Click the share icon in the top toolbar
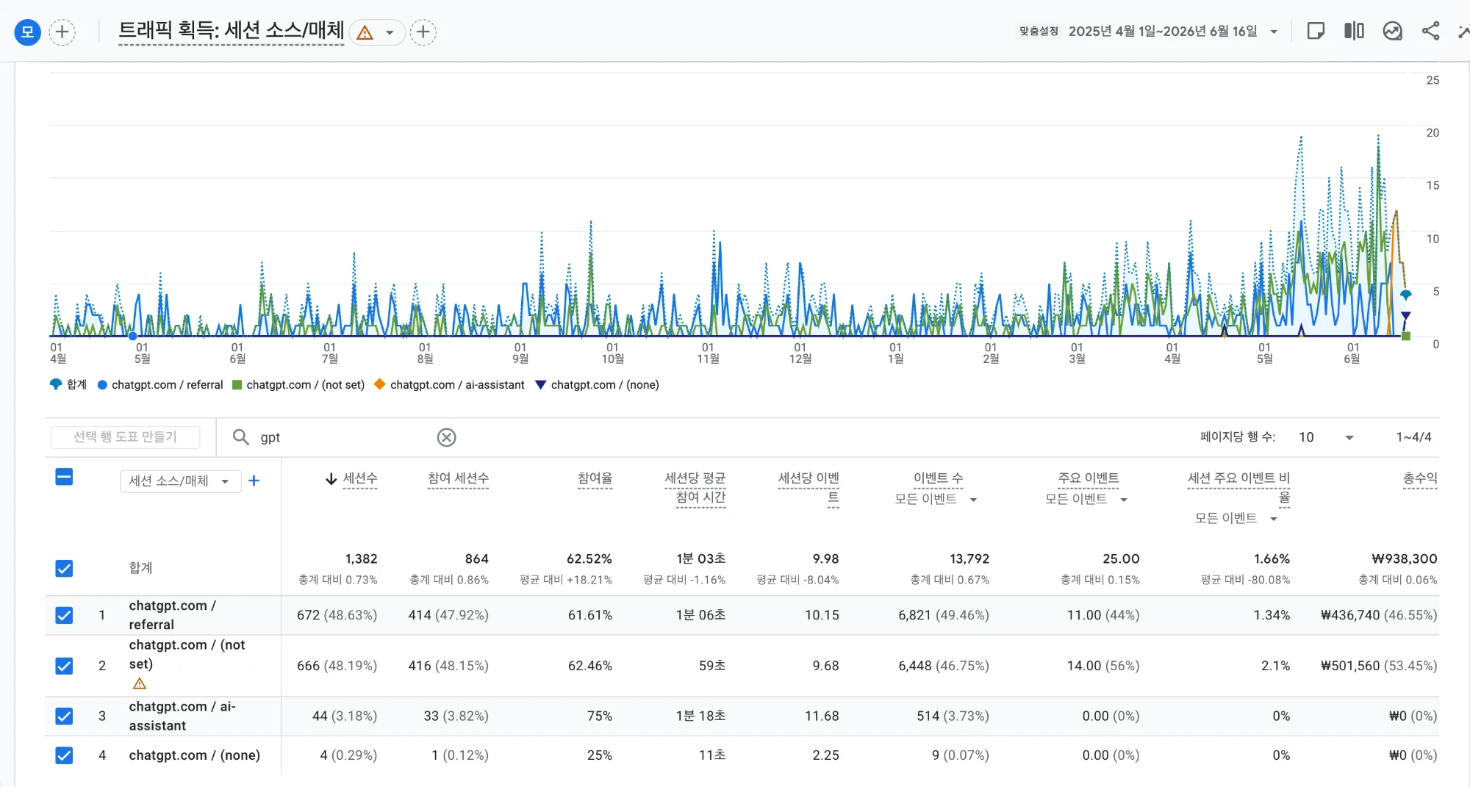tap(1430, 31)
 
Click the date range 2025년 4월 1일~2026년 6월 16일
tap(1163, 31)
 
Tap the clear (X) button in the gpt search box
tap(446, 437)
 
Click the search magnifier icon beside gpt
tap(240, 437)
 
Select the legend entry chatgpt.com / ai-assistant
tap(449, 384)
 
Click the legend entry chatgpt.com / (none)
tap(597, 384)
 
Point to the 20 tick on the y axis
tap(1433, 133)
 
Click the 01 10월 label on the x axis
tap(612, 353)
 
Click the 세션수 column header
tap(359, 478)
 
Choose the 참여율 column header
tap(595, 478)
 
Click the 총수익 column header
tap(1420, 478)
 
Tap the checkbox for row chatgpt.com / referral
tap(64, 615)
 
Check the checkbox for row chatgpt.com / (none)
tap(64, 755)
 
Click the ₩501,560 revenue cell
tap(1350, 666)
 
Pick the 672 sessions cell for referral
tap(309, 615)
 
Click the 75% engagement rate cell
tap(600, 716)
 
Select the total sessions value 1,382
tap(361, 559)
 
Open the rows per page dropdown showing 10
tap(1326, 437)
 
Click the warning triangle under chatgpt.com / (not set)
tap(140, 683)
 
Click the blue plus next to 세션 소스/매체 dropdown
tap(254, 481)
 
